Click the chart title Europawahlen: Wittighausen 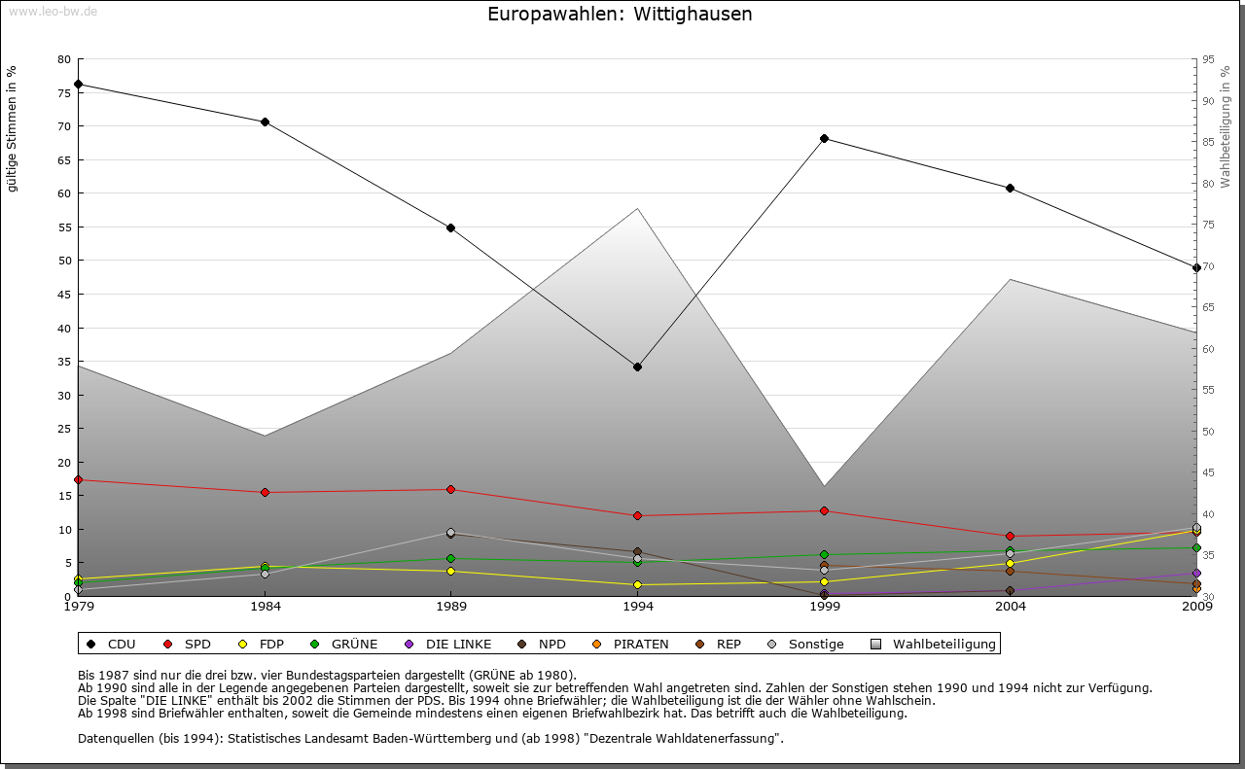(x=620, y=15)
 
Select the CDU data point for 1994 (x=637, y=367)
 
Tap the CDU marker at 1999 (x=824, y=138)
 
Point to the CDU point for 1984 (x=265, y=122)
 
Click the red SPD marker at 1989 (x=451, y=489)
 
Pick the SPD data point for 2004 (x=1011, y=536)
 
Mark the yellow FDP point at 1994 (x=637, y=584)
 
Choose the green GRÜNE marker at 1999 (x=824, y=555)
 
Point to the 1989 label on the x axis (x=451, y=608)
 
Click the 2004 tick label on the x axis (x=1011, y=608)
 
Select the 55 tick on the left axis (x=64, y=227)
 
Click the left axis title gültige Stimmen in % (x=13, y=129)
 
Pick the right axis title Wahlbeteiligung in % (x=1226, y=127)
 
